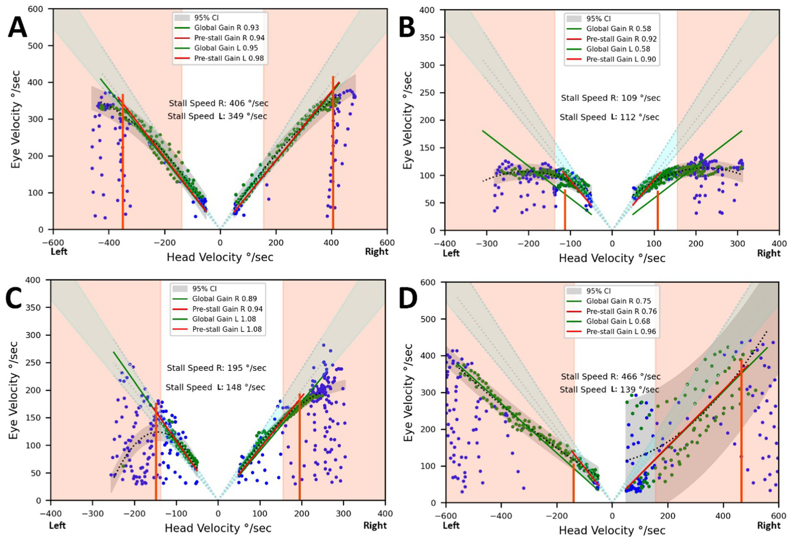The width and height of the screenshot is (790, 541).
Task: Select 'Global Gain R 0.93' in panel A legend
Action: click(226, 28)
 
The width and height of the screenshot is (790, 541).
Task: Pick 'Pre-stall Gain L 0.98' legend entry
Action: click(229, 58)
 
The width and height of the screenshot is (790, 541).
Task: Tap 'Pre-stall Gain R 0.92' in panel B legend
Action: click(621, 39)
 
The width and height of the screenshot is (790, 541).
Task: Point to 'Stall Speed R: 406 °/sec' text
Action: click(219, 104)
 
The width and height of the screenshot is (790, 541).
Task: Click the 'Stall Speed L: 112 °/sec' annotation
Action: click(609, 117)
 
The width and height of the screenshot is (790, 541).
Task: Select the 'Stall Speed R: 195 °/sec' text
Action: click(217, 368)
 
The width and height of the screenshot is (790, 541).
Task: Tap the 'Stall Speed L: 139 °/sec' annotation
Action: click(609, 390)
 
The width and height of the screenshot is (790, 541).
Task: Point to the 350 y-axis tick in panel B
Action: click(427, 38)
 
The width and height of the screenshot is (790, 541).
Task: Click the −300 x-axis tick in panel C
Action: click(93, 514)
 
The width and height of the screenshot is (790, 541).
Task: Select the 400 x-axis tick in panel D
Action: click(723, 515)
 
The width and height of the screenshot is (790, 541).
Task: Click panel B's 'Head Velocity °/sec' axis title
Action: click(612, 259)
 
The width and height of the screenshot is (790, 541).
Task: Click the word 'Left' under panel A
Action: click(59, 251)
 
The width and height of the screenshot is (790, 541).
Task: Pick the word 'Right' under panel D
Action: click(768, 526)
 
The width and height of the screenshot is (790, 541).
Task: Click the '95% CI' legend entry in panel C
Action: click(205, 289)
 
